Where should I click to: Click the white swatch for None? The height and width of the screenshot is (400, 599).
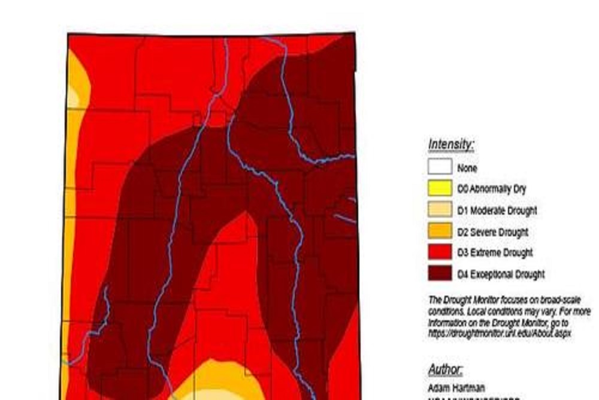coord(440,167)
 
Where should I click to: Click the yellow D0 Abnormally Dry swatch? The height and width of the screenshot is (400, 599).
coord(440,188)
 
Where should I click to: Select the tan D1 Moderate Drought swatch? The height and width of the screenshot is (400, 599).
coord(440,210)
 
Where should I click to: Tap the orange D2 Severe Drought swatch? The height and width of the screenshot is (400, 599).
coord(440,231)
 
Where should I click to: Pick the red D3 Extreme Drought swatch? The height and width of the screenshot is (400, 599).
coord(440,252)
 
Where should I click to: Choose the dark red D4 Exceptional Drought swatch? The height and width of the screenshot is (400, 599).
coord(440,273)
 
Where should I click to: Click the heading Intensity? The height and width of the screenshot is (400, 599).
coord(451,145)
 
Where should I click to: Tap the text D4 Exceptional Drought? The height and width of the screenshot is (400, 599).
coord(501,274)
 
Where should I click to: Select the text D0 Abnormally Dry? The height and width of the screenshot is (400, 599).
coord(491,189)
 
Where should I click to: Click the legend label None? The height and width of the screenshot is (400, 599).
coord(467,168)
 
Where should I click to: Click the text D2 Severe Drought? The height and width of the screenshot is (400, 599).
coord(492,231)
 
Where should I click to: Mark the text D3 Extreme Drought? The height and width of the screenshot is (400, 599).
coord(495,252)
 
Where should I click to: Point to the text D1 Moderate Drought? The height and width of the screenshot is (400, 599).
coord(497,210)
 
